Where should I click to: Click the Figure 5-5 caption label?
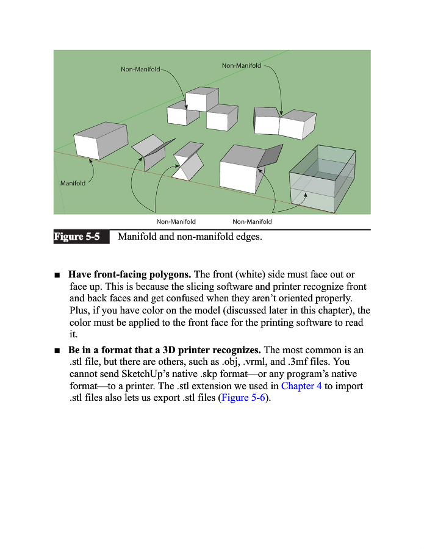tap(77, 237)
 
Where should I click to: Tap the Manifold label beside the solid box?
tap(73, 183)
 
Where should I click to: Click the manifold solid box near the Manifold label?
tap(101, 140)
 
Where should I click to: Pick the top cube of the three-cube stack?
tap(202, 99)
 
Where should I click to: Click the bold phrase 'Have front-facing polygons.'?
tap(129, 275)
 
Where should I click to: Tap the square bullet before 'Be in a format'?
tap(57, 351)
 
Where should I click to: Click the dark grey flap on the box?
tap(271, 156)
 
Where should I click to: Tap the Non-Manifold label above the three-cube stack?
tap(140, 70)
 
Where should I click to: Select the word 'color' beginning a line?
tap(81, 323)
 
